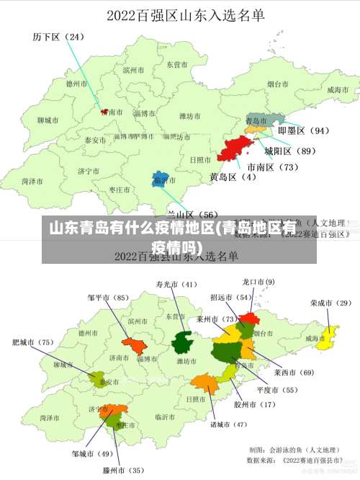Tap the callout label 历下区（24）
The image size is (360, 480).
[x=58, y=36]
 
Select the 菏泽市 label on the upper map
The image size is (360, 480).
[x=31, y=182]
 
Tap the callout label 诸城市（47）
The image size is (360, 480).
[x=228, y=425]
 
